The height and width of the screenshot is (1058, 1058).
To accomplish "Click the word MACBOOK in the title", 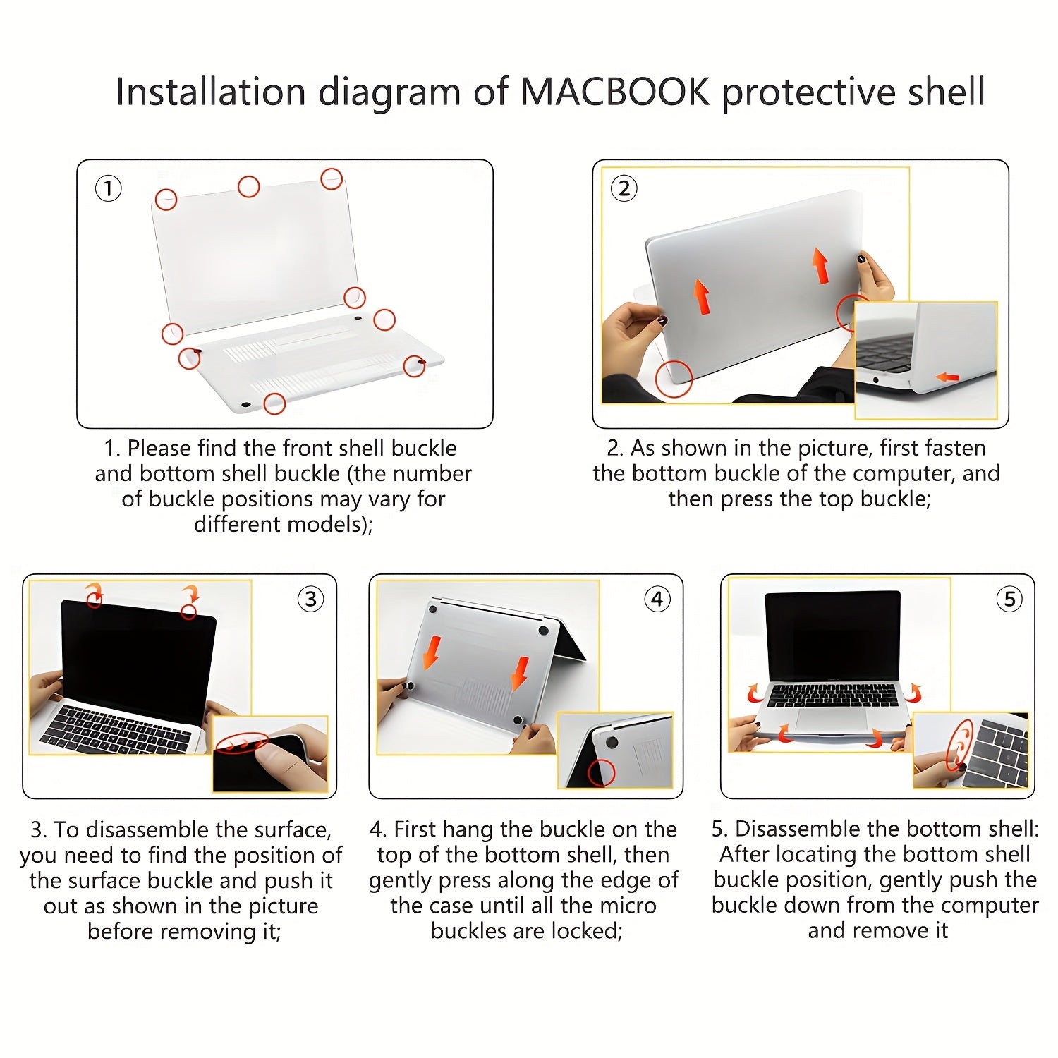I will click(x=614, y=92).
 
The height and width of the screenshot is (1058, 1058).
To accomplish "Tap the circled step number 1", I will click(x=108, y=188).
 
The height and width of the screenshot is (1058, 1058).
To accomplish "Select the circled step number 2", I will click(x=624, y=188).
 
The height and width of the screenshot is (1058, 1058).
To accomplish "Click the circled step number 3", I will click(x=310, y=600).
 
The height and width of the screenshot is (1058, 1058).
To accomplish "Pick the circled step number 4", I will click(x=657, y=600).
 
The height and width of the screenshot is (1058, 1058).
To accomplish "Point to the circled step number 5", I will click(x=1009, y=600).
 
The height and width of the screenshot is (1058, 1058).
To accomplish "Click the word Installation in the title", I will click(x=210, y=92).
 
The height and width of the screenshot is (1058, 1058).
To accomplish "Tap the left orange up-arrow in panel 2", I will click(x=701, y=296).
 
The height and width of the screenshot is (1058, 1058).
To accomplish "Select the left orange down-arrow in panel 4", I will click(x=432, y=652).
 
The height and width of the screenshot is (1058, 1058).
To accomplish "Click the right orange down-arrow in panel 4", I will click(x=520, y=674).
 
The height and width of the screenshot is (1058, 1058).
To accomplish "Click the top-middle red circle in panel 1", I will click(x=248, y=187).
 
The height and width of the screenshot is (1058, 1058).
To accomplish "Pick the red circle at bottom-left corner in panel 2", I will click(x=674, y=379).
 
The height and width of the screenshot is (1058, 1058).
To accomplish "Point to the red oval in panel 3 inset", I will click(x=242, y=743).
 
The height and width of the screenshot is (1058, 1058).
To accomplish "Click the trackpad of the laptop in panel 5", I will click(x=832, y=720).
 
